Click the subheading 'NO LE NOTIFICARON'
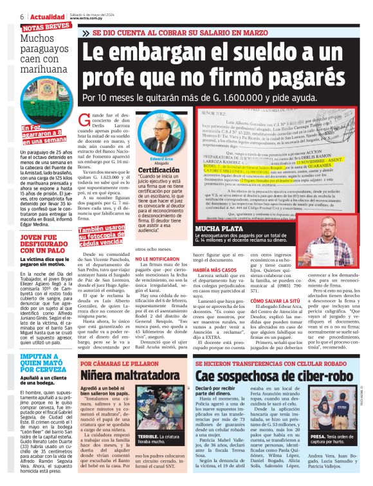click(x=158, y=258)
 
